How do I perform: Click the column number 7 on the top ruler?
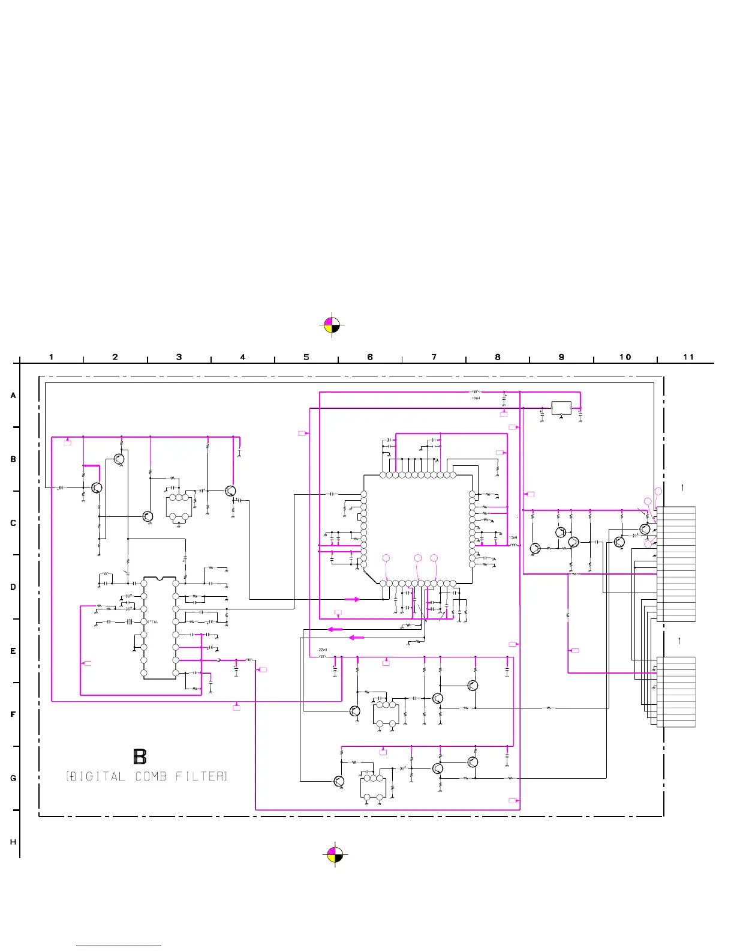434,357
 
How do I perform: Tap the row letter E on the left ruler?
13,651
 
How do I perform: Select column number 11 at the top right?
688,357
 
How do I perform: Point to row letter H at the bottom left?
13,842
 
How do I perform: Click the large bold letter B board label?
140,756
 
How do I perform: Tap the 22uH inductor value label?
323,650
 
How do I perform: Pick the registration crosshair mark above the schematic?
332,325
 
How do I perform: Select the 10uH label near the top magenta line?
476,398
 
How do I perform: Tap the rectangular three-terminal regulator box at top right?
561,408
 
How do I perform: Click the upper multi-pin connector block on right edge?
676,564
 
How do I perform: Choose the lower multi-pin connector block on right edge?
676,692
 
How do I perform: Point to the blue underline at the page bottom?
119,946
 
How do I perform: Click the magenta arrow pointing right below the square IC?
352,599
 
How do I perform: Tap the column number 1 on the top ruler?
52,357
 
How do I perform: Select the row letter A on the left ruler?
13,396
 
